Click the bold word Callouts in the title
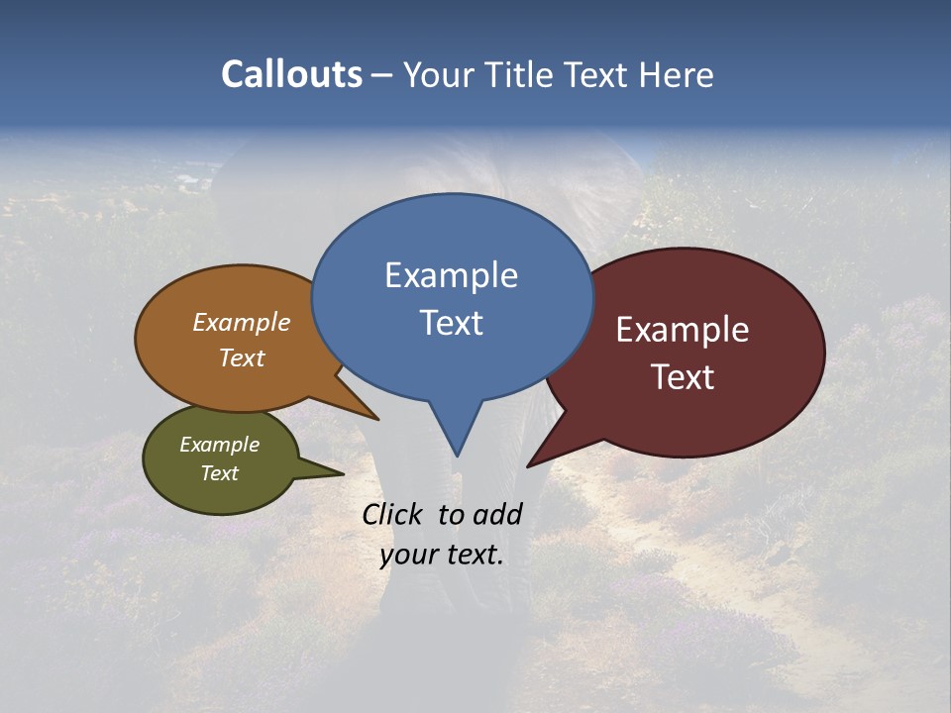tap(291, 74)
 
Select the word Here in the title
tap(678, 74)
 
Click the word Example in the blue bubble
tap(451, 275)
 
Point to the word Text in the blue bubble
tap(451, 323)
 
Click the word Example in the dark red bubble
tap(683, 330)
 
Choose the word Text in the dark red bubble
tap(683, 377)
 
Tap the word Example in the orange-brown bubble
tap(241, 323)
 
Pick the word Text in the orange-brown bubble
tap(241, 357)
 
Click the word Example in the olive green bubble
tap(219, 445)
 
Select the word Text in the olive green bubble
tap(219, 473)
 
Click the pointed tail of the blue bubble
tap(457, 446)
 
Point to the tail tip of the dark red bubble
tap(535, 460)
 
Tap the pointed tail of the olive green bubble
tap(332, 472)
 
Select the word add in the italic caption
tap(496, 514)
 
